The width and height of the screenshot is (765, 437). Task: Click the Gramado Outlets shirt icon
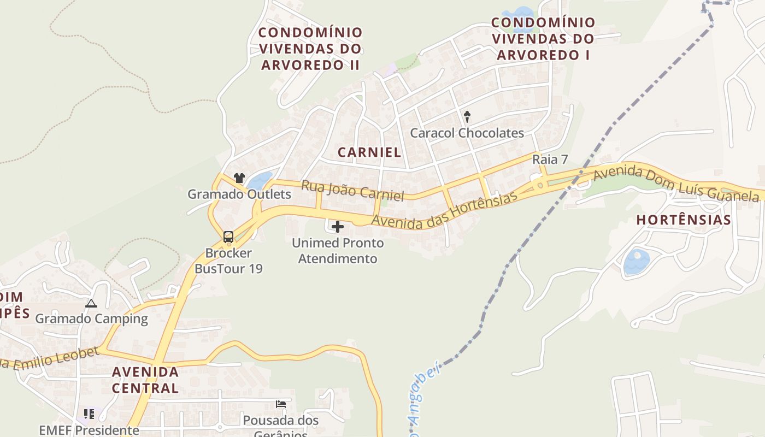coord(239,178)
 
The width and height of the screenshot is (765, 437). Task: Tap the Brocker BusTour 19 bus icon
coord(228,237)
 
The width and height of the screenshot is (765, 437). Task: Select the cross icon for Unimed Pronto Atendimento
coord(338,226)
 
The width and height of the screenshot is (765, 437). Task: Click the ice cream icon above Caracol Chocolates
coord(467,116)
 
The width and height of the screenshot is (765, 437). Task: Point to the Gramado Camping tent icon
coord(91,303)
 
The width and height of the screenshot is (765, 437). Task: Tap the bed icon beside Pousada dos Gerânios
coord(281,405)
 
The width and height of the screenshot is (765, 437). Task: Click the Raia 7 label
coord(550,160)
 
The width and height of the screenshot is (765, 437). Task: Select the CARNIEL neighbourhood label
coord(369,152)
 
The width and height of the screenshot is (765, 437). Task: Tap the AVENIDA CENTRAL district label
coord(145,380)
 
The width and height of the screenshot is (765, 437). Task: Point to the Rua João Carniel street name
coord(352,191)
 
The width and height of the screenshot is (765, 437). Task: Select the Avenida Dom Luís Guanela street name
coord(676,182)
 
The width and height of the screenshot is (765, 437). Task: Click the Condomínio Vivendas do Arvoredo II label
coord(310,49)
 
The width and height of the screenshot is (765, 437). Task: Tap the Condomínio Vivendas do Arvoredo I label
coord(543,39)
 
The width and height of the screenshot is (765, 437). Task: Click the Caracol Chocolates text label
coord(467,133)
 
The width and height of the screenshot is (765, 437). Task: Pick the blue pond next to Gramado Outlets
coord(260,181)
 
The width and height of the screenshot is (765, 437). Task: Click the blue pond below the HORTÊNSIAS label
coord(637,262)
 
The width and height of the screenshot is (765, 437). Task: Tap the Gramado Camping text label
coord(92,318)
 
